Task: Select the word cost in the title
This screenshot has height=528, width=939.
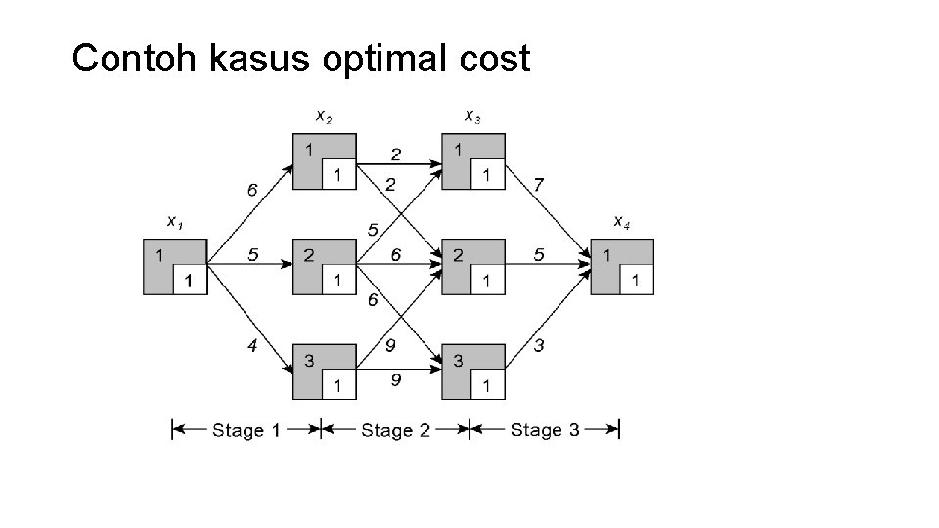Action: point(495,61)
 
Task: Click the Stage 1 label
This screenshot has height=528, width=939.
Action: point(246,430)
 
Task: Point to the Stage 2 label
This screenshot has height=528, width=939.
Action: point(395,430)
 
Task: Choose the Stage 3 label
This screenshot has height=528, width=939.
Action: point(545,430)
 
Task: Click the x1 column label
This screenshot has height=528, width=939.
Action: point(174,223)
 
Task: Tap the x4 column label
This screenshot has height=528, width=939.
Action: point(621,223)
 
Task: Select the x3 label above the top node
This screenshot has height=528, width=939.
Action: point(472,118)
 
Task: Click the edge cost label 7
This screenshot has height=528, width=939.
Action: point(540,185)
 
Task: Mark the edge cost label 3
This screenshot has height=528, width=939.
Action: point(540,344)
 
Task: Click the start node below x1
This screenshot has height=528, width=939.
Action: point(174,266)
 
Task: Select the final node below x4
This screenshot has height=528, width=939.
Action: point(621,266)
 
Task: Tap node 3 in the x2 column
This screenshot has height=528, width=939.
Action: point(325,372)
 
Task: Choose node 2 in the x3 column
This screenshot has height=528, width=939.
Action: point(472,266)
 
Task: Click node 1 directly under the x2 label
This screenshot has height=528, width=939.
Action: point(325,162)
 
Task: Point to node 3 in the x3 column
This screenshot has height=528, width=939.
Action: point(472,372)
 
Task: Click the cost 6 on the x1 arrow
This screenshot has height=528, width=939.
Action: point(252,190)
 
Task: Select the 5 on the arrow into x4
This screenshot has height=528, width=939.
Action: point(538,254)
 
